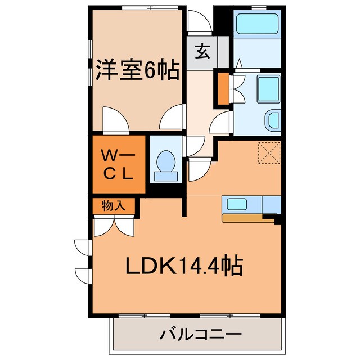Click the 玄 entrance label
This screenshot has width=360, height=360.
point(202,52)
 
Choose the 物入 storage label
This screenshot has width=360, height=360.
point(114,206)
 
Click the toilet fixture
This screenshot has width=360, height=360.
point(165,164)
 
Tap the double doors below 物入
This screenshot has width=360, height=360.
point(114,225)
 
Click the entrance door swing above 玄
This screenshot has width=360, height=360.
point(197,23)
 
